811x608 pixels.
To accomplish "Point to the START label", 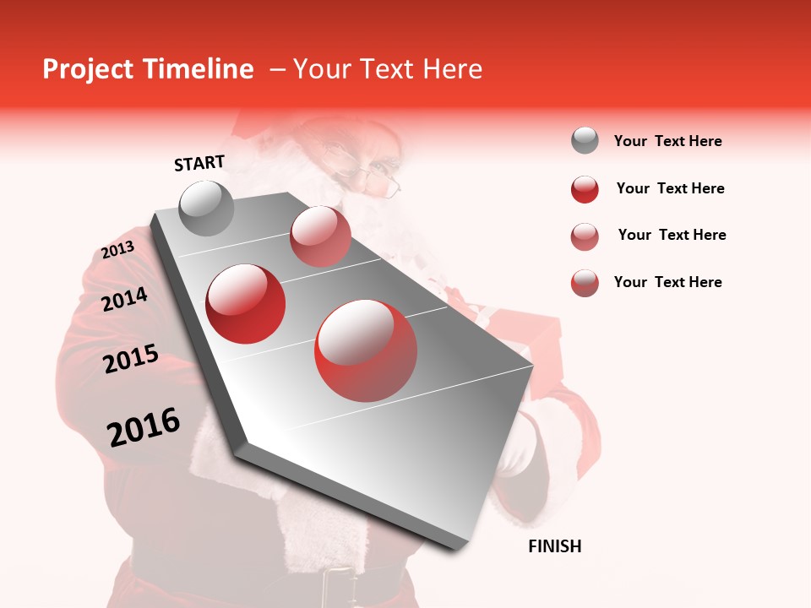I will click(199, 163).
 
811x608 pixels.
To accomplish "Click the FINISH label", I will click(554, 546).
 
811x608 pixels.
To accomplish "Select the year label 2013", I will click(117, 250).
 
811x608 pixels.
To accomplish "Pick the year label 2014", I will click(124, 299).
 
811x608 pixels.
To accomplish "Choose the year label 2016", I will click(144, 427).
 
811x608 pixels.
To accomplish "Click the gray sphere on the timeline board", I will click(206, 208).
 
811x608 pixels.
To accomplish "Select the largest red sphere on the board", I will click(365, 350).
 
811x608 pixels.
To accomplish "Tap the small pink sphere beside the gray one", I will click(320, 236).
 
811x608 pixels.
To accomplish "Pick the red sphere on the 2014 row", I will click(246, 304).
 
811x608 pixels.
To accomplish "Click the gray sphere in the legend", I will click(585, 140).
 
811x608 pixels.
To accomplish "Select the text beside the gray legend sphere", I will click(667, 141).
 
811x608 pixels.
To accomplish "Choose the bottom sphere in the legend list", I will click(585, 283).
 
